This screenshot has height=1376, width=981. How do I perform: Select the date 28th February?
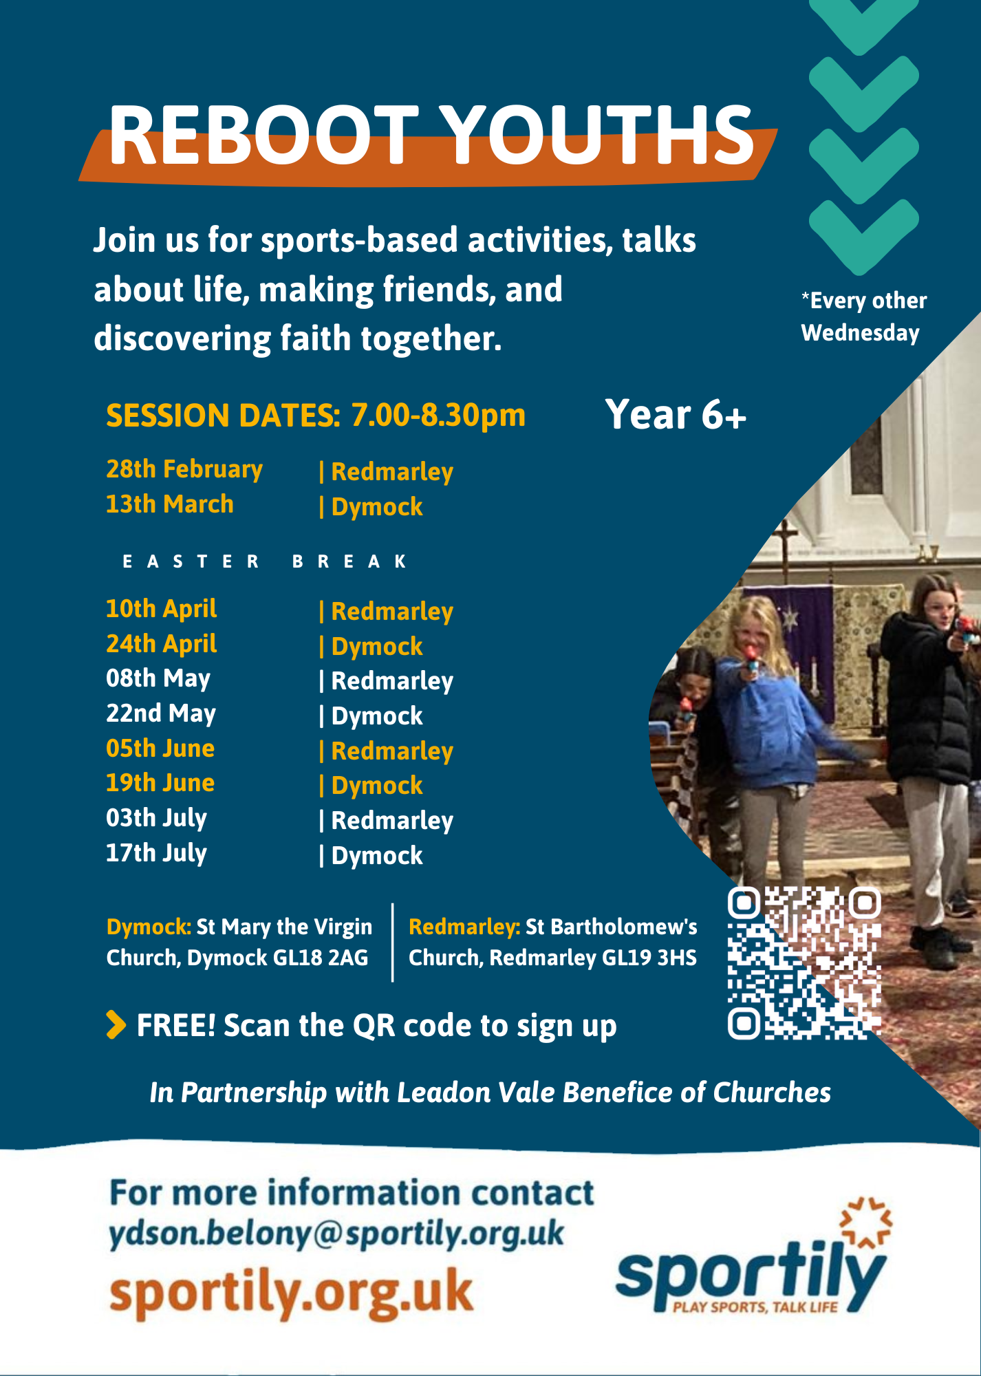[184, 469]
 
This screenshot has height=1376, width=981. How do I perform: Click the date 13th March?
[170, 504]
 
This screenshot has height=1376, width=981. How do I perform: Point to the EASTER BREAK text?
[265, 562]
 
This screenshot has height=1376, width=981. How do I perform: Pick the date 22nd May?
[161, 714]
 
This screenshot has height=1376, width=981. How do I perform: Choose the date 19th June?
[160, 783]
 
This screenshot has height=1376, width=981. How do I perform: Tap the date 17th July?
[156, 854]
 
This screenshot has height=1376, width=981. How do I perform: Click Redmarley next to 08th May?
[392, 681]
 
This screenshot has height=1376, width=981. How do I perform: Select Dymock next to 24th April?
[377, 647]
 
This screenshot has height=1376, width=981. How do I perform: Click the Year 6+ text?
[676, 415]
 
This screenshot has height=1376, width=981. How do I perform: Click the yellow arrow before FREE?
[116, 1024]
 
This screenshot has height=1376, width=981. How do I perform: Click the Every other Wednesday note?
[863, 316]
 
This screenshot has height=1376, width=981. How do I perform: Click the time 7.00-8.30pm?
[438, 416]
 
